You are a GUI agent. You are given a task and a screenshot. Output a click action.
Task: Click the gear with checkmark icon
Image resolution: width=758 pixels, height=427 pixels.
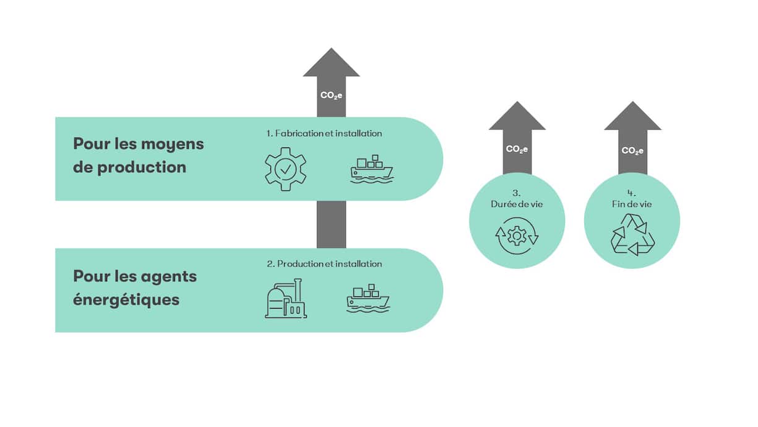pyautogui.click(x=285, y=169)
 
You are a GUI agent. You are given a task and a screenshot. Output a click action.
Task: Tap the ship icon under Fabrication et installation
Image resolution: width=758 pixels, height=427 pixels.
pyautogui.click(x=371, y=169)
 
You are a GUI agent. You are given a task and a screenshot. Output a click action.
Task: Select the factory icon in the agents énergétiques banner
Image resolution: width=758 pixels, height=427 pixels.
pyautogui.click(x=286, y=299)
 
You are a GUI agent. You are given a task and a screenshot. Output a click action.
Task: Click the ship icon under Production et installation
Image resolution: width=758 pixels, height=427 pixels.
pyautogui.click(x=368, y=297)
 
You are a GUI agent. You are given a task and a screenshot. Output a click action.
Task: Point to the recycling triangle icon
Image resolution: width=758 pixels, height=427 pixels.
pyautogui.click(x=632, y=236)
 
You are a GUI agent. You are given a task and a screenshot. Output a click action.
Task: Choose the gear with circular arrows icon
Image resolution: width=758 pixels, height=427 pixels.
pyautogui.click(x=517, y=236)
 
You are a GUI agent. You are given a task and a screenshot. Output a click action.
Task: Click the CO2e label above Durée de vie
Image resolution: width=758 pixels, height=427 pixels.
pyautogui.click(x=517, y=149)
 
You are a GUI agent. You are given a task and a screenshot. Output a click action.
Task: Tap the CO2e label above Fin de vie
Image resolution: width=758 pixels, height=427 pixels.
pyautogui.click(x=632, y=151)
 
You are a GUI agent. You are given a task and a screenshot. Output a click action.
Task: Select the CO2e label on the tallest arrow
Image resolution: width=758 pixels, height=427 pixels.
pyautogui.click(x=331, y=95)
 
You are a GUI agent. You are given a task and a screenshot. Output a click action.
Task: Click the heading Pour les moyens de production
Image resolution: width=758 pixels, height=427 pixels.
pyautogui.click(x=138, y=155)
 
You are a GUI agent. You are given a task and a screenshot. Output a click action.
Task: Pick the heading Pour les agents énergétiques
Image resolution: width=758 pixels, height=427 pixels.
pyautogui.click(x=134, y=288)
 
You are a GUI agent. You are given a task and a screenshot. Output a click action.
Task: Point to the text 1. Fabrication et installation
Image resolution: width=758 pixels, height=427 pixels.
pyautogui.click(x=324, y=133)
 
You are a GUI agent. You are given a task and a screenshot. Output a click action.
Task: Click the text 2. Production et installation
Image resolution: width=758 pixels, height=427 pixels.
pyautogui.click(x=324, y=264)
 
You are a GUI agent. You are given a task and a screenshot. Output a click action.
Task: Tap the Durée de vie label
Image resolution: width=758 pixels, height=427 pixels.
pyautogui.click(x=517, y=205)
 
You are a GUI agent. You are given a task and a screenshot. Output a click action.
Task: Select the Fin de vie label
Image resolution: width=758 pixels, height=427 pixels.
pyautogui.click(x=632, y=205)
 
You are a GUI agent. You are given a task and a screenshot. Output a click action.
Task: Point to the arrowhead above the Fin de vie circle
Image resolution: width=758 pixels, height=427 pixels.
pyautogui.click(x=632, y=118)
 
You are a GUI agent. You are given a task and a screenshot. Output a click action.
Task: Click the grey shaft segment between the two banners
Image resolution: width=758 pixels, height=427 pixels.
pyautogui.click(x=331, y=224)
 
